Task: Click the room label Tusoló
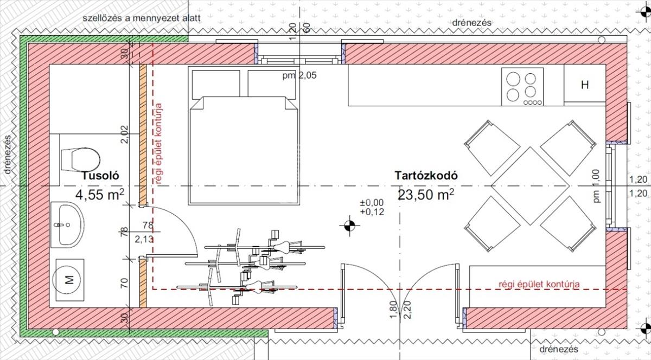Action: pyautogui.click(x=100, y=176)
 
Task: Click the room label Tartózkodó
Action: pyautogui.click(x=426, y=176)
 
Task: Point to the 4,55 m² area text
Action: pyautogui.click(x=100, y=195)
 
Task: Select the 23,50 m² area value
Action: pyautogui.click(x=426, y=195)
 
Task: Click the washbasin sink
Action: pyautogui.click(x=68, y=224)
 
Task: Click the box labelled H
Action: pyautogui.click(x=585, y=85)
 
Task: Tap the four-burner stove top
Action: pyautogui.click(x=522, y=87)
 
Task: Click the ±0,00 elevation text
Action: pyautogui.click(x=372, y=203)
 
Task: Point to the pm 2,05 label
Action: pyautogui.click(x=299, y=75)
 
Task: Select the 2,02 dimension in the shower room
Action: pyautogui.click(x=124, y=134)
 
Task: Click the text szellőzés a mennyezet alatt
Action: pyautogui.click(x=142, y=18)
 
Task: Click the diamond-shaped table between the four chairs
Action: pyautogui.click(x=530, y=186)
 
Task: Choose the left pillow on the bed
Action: pyautogui.click(x=216, y=83)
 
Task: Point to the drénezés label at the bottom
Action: pyautogui.click(x=559, y=349)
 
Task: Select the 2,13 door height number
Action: pyautogui.click(x=144, y=240)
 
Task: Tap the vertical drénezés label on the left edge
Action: pyautogui.click(x=7, y=155)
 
